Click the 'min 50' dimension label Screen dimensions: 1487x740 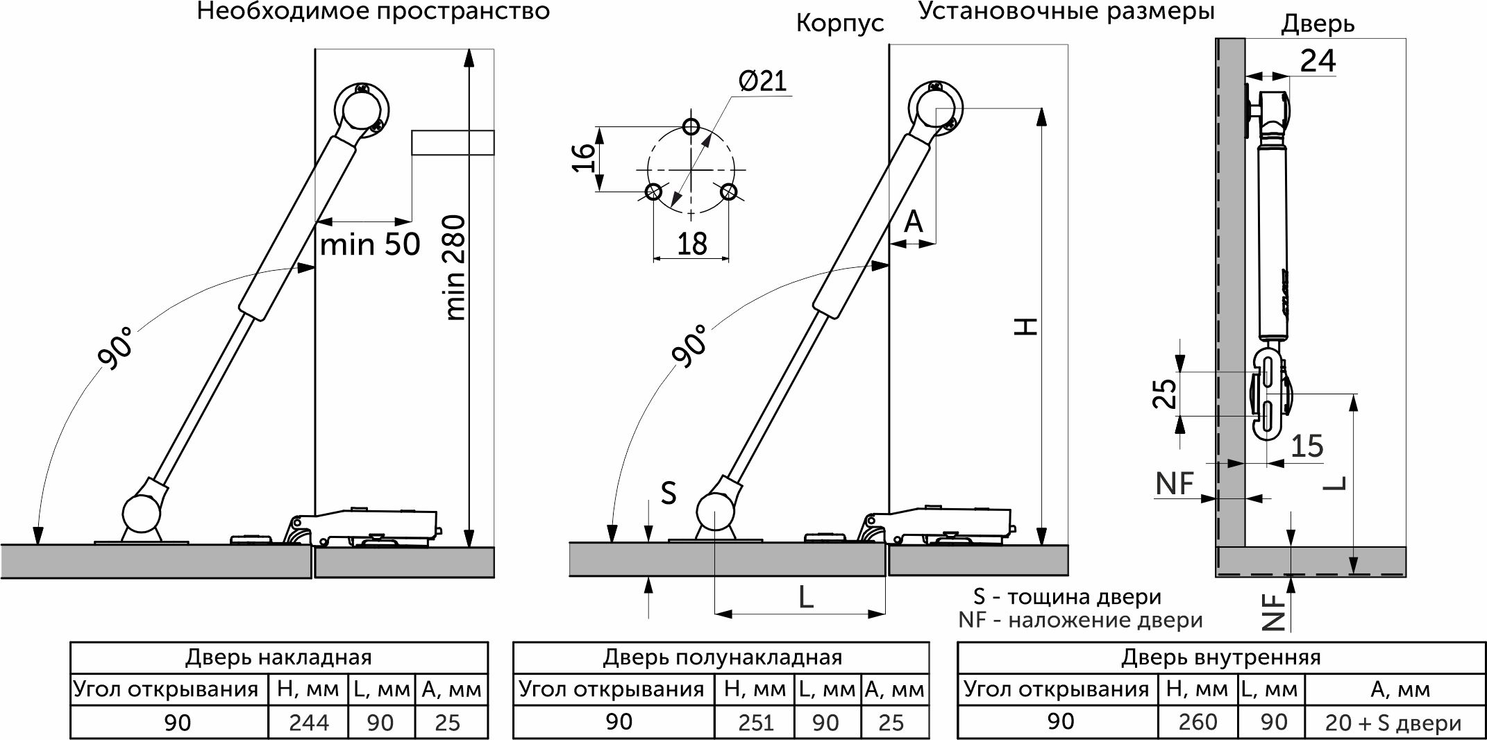(370, 244)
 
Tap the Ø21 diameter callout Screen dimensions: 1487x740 (763, 81)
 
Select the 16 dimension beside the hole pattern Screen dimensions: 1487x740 (585, 158)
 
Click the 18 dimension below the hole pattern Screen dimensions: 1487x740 (691, 244)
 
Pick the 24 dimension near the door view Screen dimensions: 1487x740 (1318, 60)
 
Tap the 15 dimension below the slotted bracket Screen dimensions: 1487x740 (1307, 446)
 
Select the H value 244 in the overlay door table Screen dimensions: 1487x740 (309, 723)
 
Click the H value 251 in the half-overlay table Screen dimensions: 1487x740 (756, 723)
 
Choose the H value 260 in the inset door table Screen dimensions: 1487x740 (1198, 722)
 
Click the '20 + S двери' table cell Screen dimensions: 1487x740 (1393, 723)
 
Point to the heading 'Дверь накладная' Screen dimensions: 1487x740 (278, 657)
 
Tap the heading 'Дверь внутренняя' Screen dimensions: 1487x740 (1220, 657)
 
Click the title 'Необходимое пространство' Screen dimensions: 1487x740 (373, 12)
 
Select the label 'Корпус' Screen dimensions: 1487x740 (840, 24)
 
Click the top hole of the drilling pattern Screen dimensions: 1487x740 (691, 126)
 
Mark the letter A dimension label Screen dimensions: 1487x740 (914, 221)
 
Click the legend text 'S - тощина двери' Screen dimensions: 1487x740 (1067, 597)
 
